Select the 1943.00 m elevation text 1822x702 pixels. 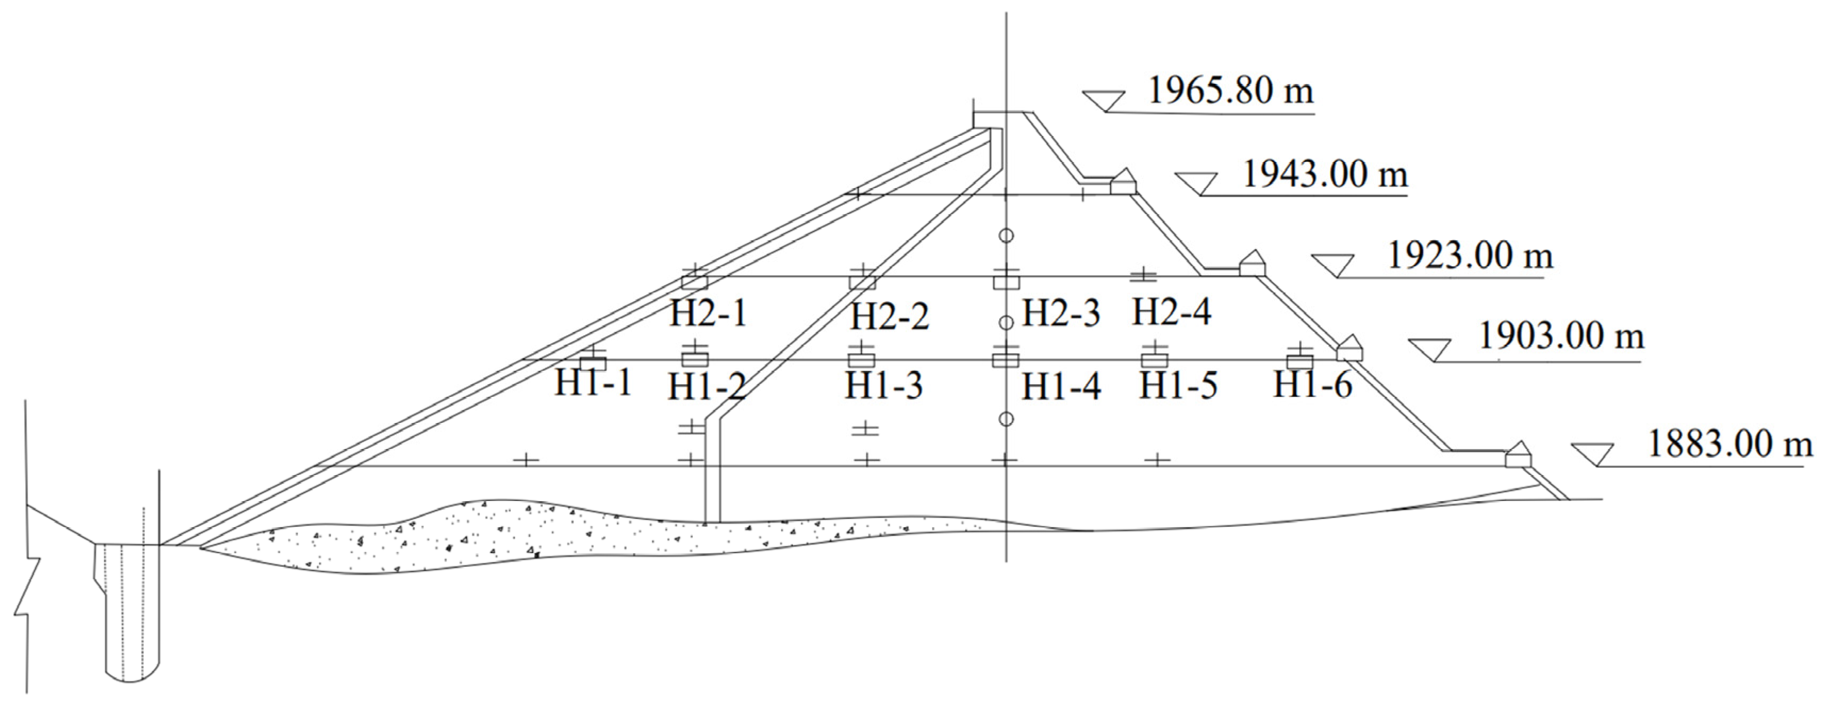click(1325, 175)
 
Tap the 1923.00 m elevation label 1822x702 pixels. click(1470, 255)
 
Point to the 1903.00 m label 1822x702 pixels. click(1562, 336)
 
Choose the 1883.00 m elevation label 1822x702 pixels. click(1730, 444)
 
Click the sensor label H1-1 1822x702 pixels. click(593, 383)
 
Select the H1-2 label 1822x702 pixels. click(707, 387)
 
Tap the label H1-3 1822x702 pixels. click(884, 386)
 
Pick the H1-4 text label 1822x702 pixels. click(1062, 387)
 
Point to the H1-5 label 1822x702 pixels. click(1178, 386)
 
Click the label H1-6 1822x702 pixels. click(1313, 385)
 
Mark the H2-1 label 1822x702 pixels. click(709, 313)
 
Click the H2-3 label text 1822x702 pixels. click(1062, 313)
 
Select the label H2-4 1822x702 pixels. click(1171, 311)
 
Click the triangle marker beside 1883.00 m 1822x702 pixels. click(1592, 453)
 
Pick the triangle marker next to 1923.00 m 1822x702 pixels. click(1332, 264)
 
